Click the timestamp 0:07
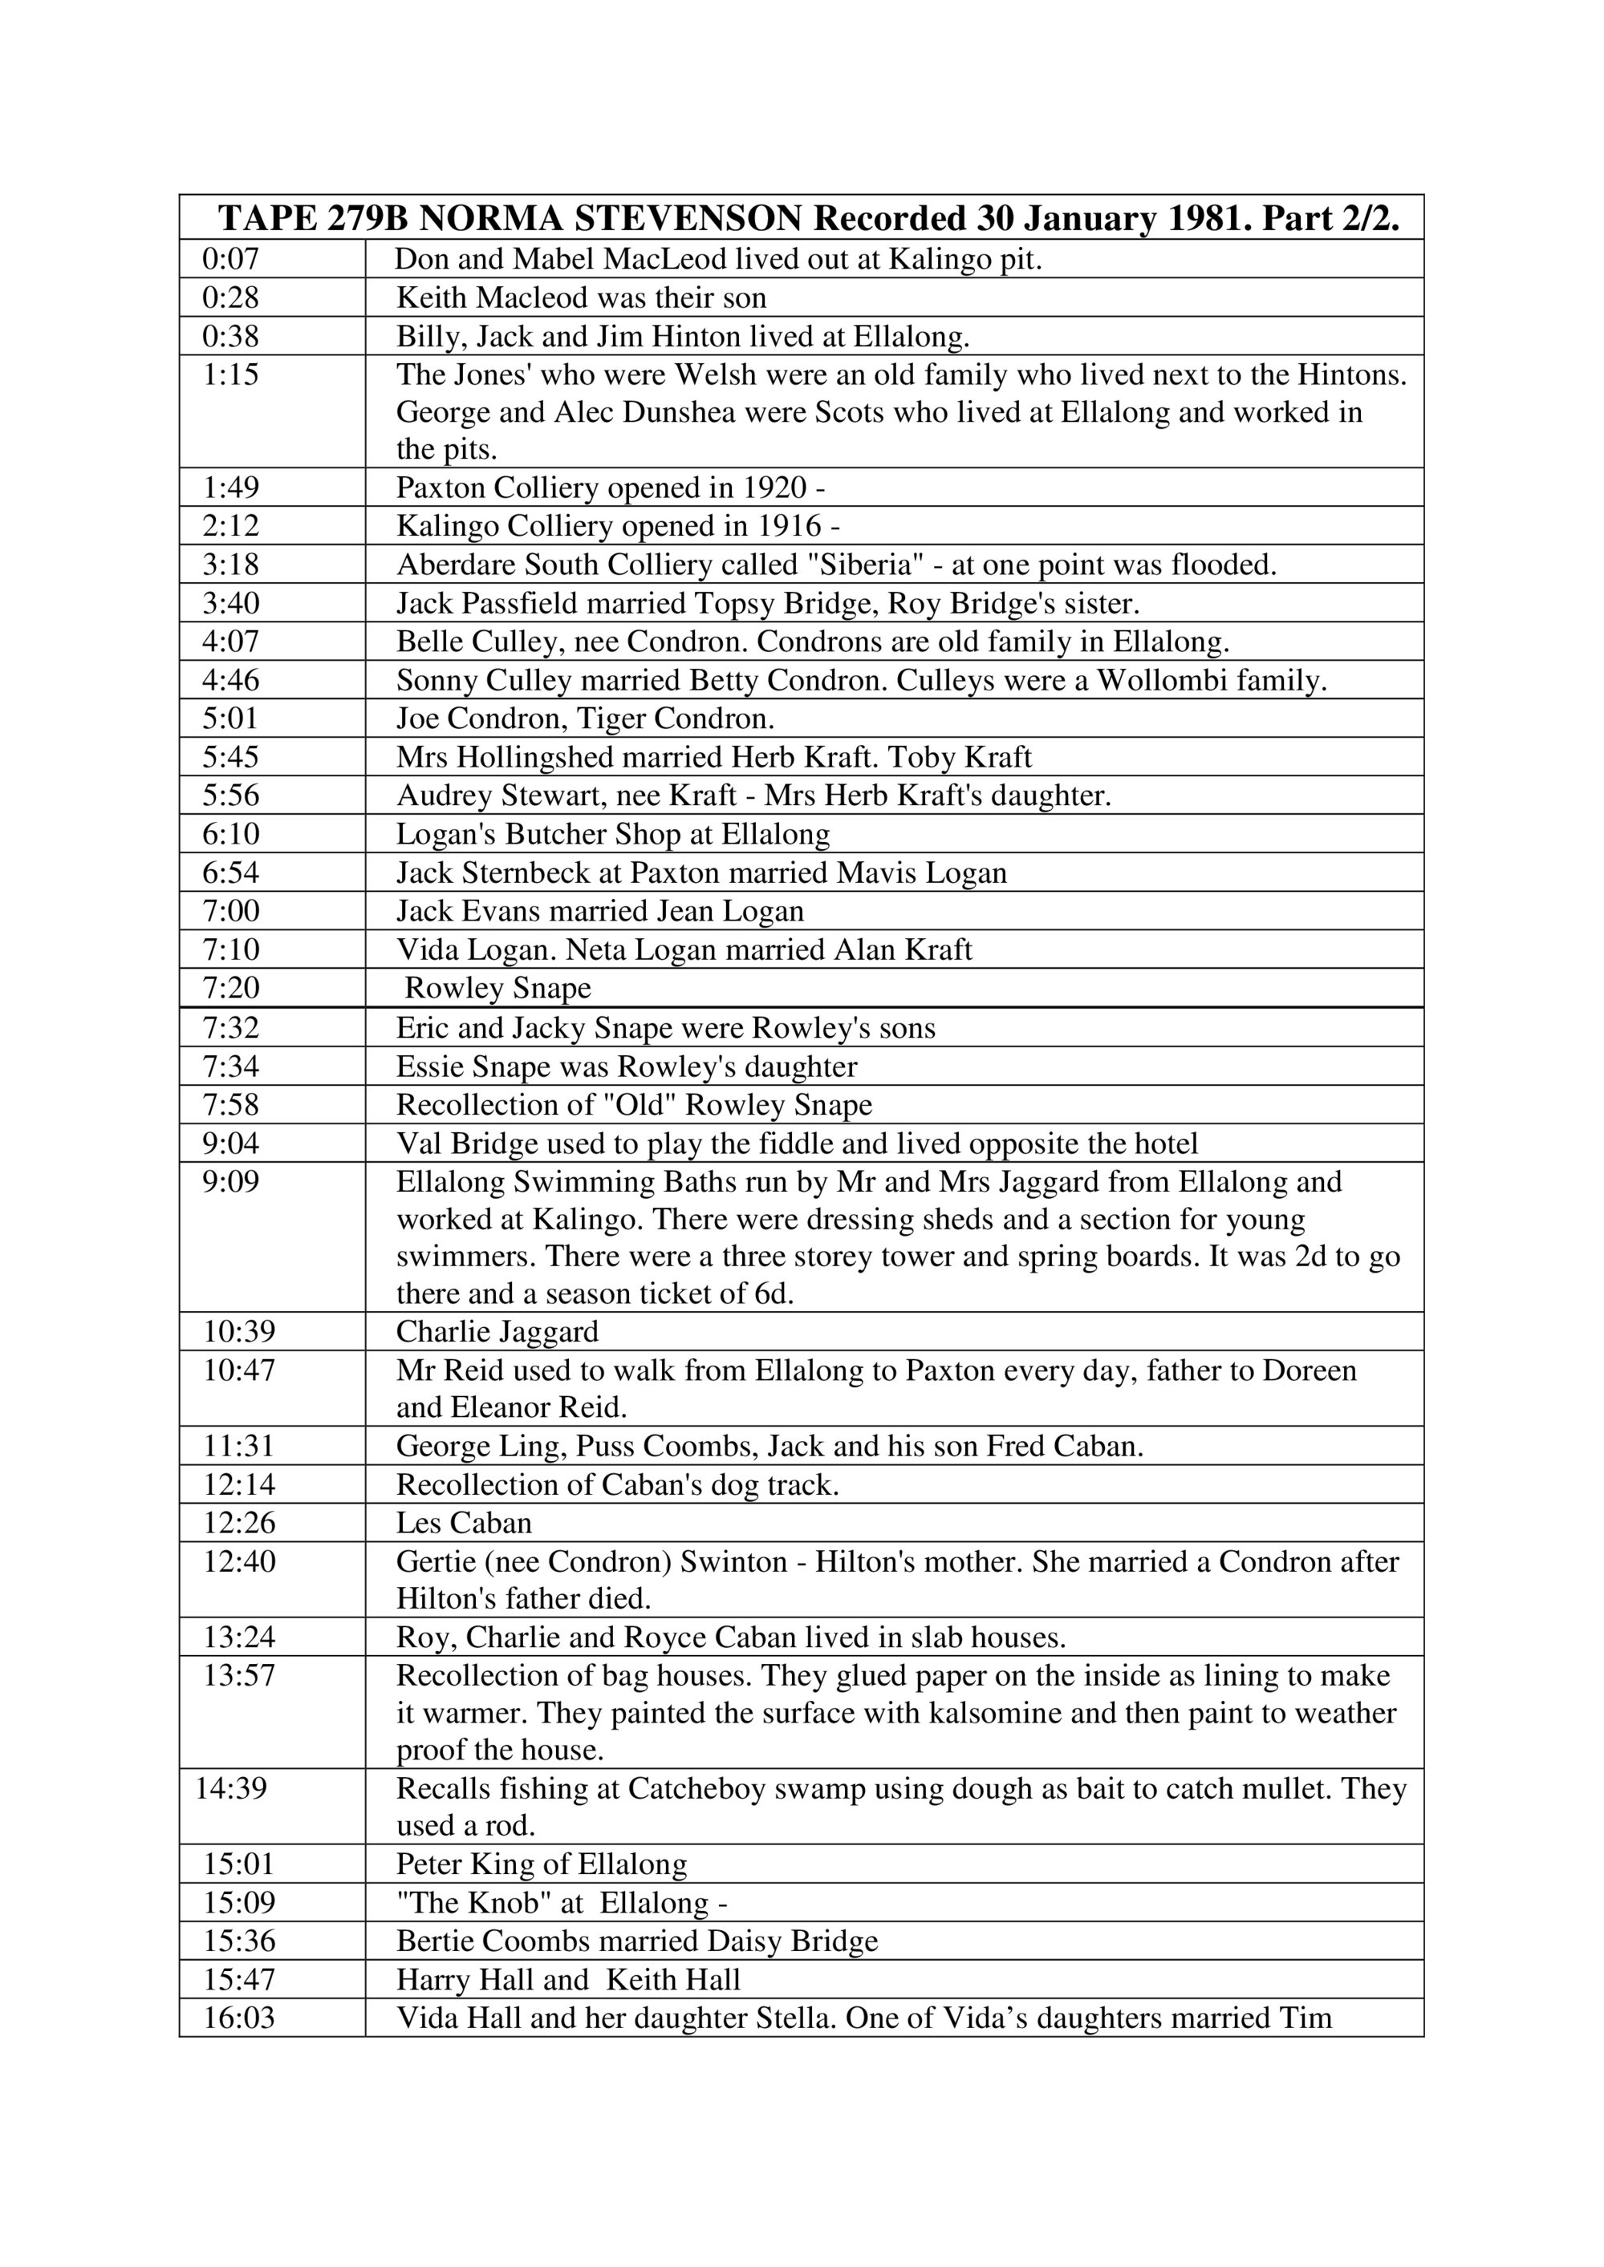230,260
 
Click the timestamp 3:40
230,603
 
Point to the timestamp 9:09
230,1182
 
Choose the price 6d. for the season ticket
774,1293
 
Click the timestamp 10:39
239,1332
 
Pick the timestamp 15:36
239,1941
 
